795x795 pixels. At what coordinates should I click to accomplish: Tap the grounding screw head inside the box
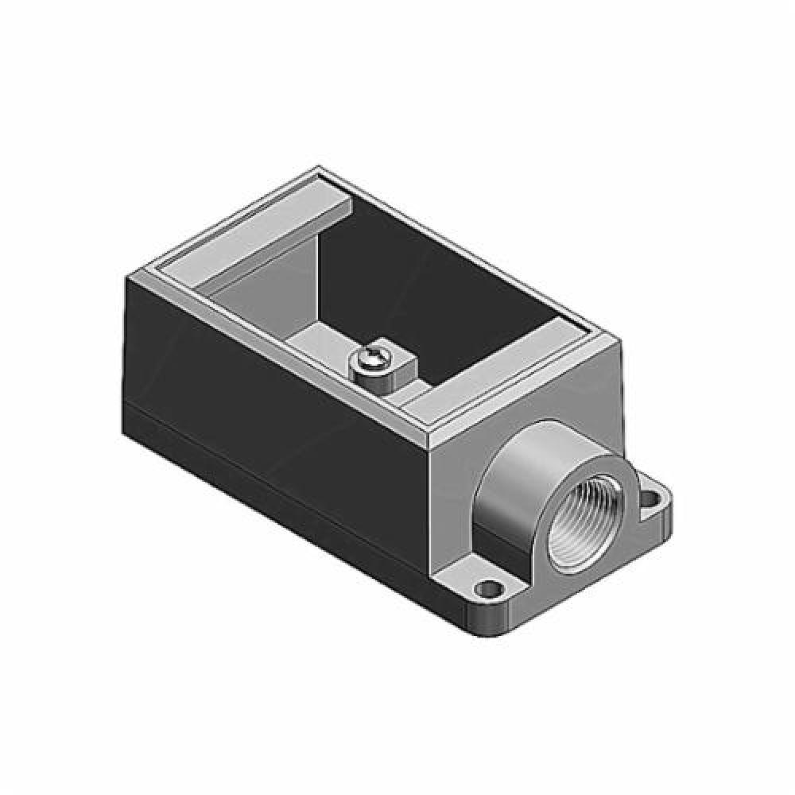(x=371, y=362)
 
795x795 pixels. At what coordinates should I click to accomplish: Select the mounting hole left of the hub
(x=487, y=589)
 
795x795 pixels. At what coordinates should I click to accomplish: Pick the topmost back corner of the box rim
(x=320, y=169)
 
